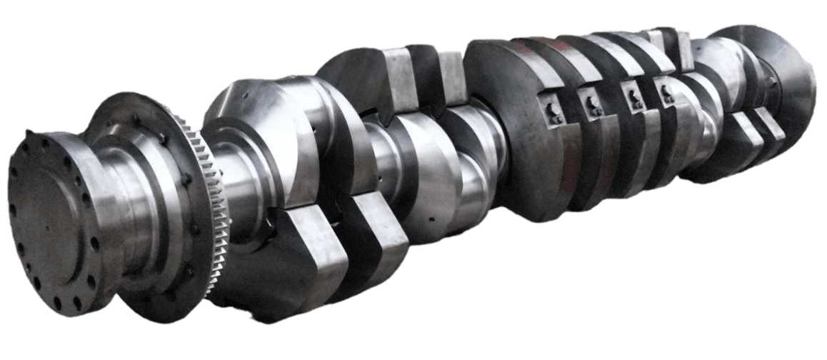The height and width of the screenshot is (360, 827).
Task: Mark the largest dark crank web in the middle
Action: (507, 121)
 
